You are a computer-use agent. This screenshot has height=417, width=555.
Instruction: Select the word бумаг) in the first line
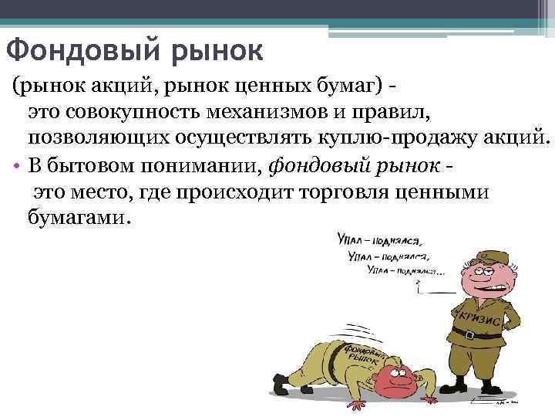point(340,88)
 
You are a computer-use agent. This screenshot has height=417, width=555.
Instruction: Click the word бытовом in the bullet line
point(84,164)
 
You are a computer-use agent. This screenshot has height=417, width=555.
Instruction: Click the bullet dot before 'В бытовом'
point(16,165)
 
